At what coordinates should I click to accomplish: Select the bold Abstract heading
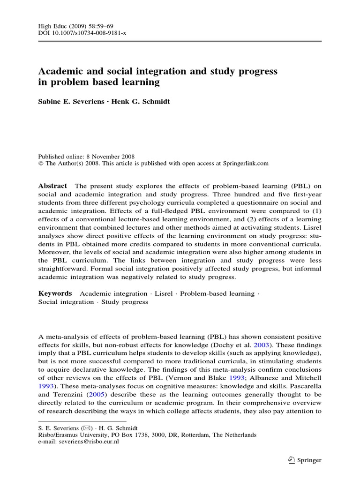52,186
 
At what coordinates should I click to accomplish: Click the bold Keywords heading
55,293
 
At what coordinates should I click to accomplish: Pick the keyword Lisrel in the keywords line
164,293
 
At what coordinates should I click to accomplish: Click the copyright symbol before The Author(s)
40,164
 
